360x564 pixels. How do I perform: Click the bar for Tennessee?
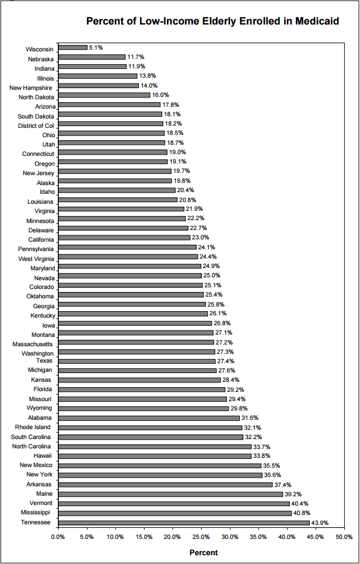(184, 523)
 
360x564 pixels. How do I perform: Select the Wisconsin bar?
(73, 47)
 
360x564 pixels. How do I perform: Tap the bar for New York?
(160, 475)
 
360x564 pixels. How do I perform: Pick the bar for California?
(124, 238)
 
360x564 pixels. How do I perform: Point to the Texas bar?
(137, 361)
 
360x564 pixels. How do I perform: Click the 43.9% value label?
(320, 523)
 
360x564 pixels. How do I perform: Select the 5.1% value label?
(96, 47)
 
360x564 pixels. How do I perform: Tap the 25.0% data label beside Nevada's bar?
(211, 276)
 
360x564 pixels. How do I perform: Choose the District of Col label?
(36, 126)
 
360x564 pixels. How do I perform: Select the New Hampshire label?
(32, 88)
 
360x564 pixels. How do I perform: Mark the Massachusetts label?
(33, 344)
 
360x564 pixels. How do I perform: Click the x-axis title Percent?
(203, 552)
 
